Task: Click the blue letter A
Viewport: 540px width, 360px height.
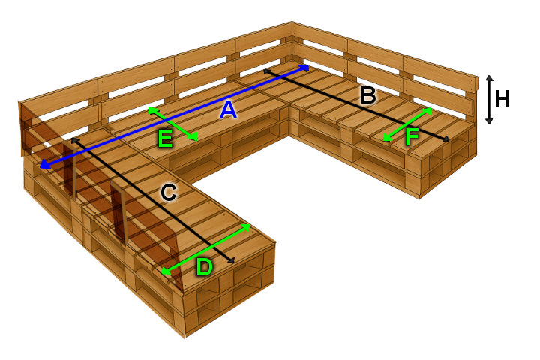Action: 228,110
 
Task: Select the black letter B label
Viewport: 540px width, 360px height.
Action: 367,94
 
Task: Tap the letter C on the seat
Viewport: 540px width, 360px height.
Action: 169,193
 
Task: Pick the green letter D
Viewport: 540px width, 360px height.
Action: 204,266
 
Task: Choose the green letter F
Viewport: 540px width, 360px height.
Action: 411,137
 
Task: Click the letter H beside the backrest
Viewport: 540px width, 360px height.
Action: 503,98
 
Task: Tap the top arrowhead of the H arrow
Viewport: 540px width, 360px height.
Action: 489,78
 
